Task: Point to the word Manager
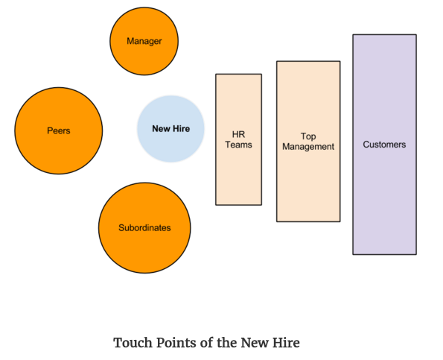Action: pyautogui.click(x=144, y=41)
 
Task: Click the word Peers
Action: pyautogui.click(x=58, y=130)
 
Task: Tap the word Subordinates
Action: pyautogui.click(x=144, y=227)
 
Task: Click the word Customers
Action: pyautogui.click(x=384, y=145)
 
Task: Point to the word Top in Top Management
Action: pyautogui.click(x=308, y=136)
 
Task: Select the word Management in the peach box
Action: pyautogui.click(x=308, y=147)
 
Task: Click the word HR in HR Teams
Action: pyautogui.click(x=238, y=134)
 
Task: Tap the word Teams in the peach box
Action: pyautogui.click(x=238, y=145)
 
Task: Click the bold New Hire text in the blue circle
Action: pyautogui.click(x=170, y=128)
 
